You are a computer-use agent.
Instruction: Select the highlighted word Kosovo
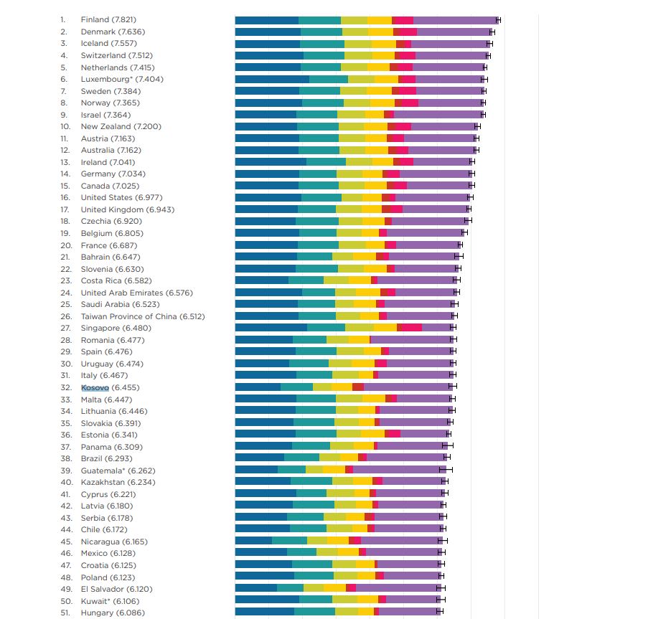point(95,387)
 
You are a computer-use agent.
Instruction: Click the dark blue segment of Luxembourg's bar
point(271,79)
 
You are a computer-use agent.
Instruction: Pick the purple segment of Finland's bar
point(455,20)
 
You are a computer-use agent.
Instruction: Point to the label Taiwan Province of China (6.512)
point(142,316)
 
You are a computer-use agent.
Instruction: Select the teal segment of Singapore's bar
point(326,328)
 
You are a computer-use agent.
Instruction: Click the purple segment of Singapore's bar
point(437,328)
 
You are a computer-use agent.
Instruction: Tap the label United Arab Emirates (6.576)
point(136,293)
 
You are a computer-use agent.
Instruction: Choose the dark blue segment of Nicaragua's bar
point(253,542)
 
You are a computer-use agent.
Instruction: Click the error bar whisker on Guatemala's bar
point(449,470)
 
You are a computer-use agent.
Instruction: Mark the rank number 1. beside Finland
point(63,19)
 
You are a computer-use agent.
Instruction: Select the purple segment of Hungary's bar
point(408,612)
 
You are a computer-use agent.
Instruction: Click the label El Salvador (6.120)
point(116,589)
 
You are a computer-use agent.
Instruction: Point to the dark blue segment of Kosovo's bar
point(258,387)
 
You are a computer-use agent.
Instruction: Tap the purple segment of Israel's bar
point(438,115)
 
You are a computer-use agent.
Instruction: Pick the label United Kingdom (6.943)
point(127,209)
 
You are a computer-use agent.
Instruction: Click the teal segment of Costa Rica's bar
point(306,280)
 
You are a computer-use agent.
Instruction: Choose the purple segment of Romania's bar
point(411,340)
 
